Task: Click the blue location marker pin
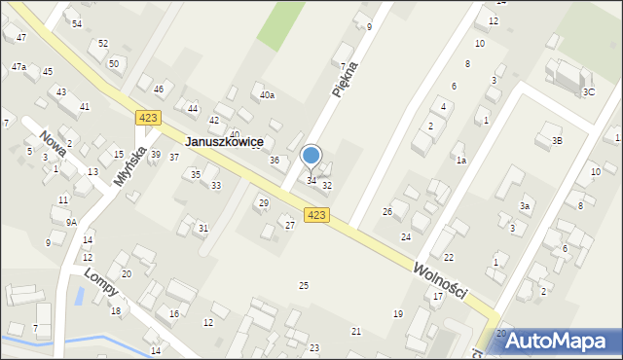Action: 311,156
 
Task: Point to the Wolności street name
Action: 440,280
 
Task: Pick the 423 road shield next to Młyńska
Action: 148,118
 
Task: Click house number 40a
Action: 267,95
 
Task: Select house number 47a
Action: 18,67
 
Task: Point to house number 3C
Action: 588,91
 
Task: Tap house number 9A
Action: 71,222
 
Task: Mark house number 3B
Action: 557,140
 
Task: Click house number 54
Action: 77,23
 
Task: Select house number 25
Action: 304,285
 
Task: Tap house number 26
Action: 386,211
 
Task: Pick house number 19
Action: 397,313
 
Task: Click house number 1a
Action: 461,160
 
